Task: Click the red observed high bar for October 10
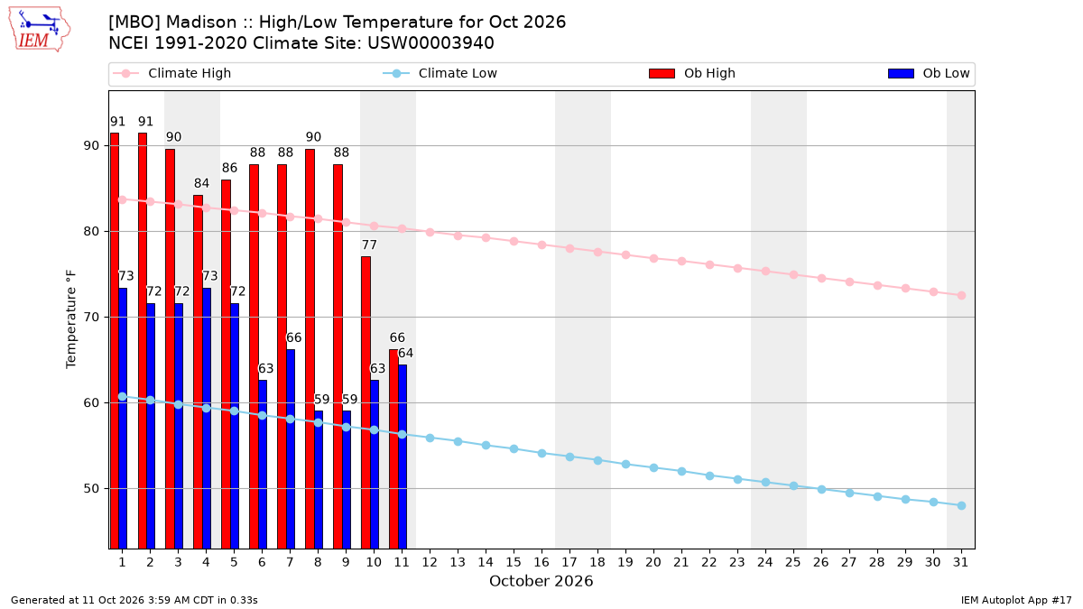(366, 402)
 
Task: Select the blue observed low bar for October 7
(291, 449)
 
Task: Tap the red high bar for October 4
(199, 372)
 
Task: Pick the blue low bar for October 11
(403, 457)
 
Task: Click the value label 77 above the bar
(369, 245)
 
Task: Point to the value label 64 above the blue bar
(405, 354)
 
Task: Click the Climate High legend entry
(172, 73)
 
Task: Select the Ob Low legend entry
(929, 73)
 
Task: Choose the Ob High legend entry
(692, 73)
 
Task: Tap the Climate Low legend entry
(440, 73)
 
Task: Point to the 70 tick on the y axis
(91, 317)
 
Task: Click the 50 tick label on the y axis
(91, 489)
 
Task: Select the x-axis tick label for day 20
(653, 562)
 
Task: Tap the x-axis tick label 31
(960, 562)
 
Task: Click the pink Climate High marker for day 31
(961, 295)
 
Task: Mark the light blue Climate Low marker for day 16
(542, 453)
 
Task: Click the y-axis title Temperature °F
(71, 319)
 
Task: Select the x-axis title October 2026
(541, 581)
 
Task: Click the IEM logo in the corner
(40, 29)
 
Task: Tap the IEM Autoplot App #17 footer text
(1016, 600)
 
